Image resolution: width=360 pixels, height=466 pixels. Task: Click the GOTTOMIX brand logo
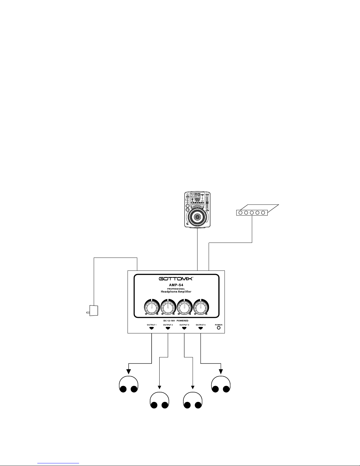pyautogui.click(x=175, y=278)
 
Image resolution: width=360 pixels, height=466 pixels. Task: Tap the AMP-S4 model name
pyautogui.click(x=176, y=285)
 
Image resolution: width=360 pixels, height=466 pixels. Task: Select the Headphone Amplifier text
pyautogui.click(x=176, y=292)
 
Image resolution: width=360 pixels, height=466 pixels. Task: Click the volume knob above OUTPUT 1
pyautogui.click(x=151, y=308)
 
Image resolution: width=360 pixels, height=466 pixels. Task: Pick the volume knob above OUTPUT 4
pyautogui.click(x=201, y=308)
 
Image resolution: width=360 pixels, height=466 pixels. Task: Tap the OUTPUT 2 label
pyautogui.click(x=168, y=325)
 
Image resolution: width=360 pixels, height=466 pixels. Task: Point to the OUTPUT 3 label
pyautogui.click(x=184, y=325)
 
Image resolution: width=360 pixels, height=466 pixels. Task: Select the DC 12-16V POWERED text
pyautogui.click(x=176, y=320)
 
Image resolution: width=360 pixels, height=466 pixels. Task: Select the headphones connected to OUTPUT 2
pyautogui.click(x=159, y=400)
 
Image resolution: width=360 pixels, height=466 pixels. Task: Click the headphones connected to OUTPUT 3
pyautogui.click(x=192, y=400)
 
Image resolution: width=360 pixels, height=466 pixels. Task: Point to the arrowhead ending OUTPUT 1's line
pyautogui.click(x=128, y=372)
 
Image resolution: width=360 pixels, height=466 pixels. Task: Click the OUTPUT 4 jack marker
pyautogui.click(x=201, y=328)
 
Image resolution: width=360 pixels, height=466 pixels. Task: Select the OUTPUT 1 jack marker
pyautogui.click(x=151, y=328)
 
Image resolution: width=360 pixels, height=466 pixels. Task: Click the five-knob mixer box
pyautogui.click(x=252, y=213)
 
